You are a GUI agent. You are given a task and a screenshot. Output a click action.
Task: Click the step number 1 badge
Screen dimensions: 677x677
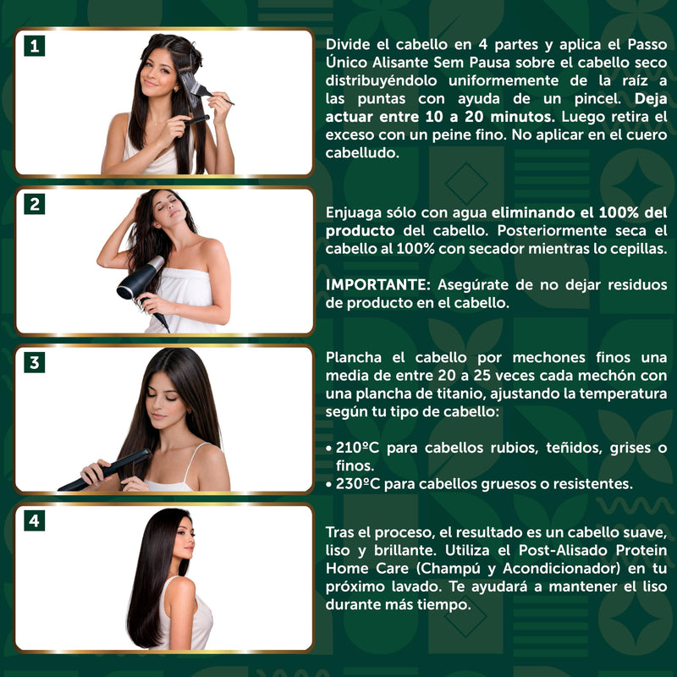pyautogui.click(x=35, y=47)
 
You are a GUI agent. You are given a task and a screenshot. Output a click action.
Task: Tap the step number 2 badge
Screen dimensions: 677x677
pyautogui.click(x=35, y=204)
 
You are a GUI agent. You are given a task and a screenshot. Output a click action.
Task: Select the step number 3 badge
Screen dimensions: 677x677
pyautogui.click(x=35, y=363)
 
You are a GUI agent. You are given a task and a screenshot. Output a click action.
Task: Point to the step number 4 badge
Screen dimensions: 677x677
pyautogui.click(x=35, y=520)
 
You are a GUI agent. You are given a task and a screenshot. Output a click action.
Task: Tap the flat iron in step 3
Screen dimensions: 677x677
pyautogui.click(x=105, y=471)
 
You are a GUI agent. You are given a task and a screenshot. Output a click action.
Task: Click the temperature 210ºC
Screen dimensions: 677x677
pyautogui.click(x=357, y=448)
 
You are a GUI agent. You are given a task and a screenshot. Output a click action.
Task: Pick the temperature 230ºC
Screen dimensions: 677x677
pyautogui.click(x=357, y=483)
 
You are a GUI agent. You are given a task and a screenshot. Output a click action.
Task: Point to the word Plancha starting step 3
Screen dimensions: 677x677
pyautogui.click(x=354, y=358)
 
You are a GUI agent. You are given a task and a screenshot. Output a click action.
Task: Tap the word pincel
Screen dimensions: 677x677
pyautogui.click(x=597, y=99)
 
